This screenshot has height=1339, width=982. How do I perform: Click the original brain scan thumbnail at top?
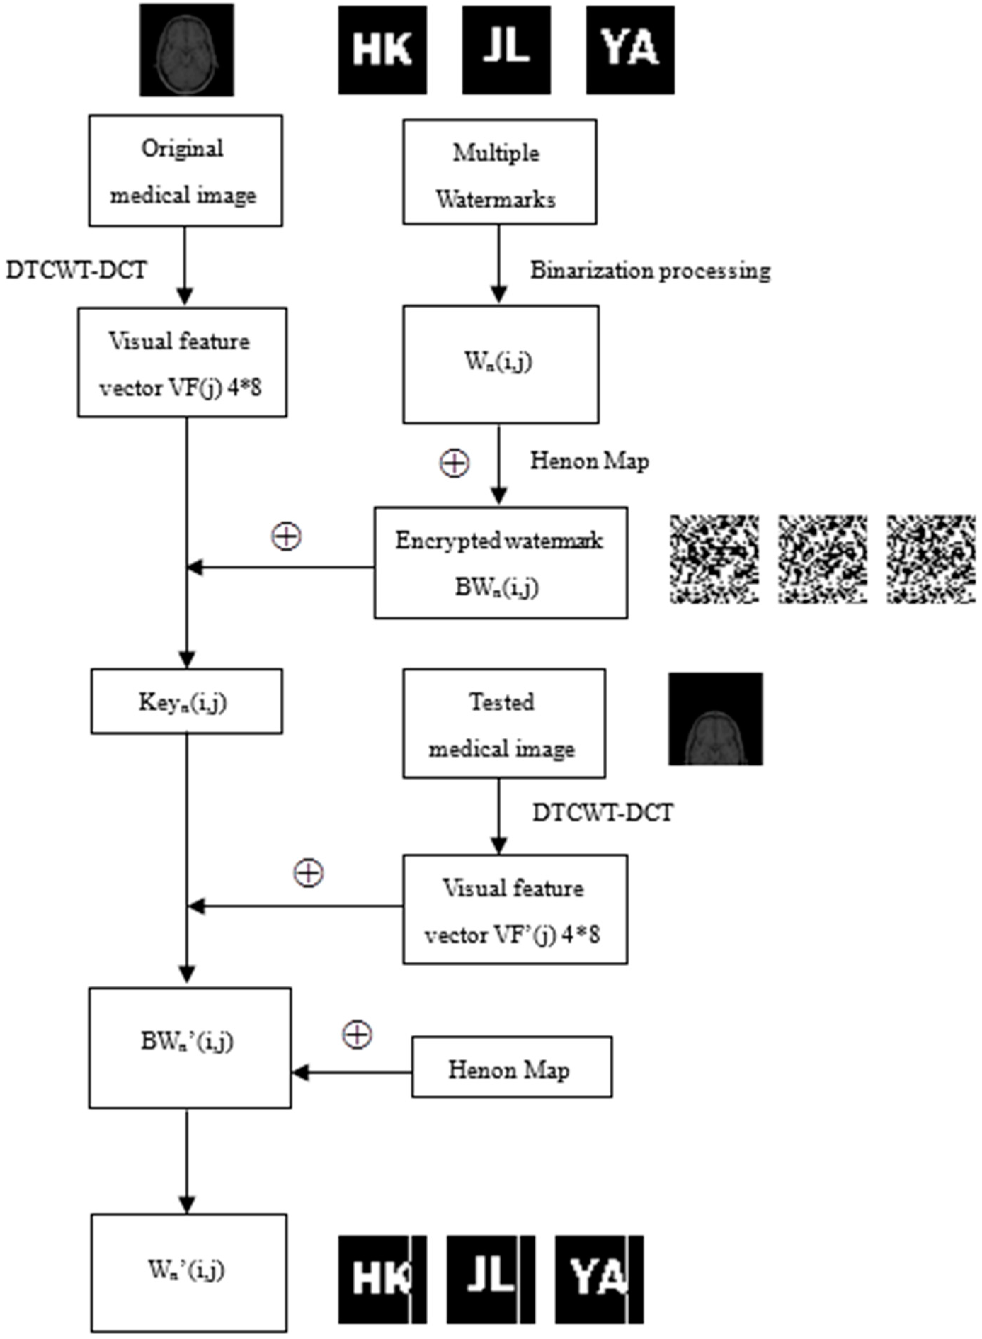click(187, 50)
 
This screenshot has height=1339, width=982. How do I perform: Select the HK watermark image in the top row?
click(382, 50)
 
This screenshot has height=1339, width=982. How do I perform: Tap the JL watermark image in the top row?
click(507, 50)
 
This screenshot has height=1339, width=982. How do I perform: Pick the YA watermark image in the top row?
click(630, 50)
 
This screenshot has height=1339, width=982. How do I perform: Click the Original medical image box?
click(185, 171)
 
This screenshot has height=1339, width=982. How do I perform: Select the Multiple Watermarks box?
click(499, 172)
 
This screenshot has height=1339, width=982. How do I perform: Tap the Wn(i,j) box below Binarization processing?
click(501, 364)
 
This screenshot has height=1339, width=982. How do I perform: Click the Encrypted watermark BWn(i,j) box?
click(501, 563)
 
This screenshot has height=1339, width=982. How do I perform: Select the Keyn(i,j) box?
click(187, 701)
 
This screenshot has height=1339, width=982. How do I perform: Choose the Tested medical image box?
click(504, 723)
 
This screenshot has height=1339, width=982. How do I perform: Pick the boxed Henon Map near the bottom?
click(511, 1069)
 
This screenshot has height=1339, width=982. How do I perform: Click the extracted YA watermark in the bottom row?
click(599, 1279)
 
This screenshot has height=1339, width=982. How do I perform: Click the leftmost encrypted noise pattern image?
click(714, 559)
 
